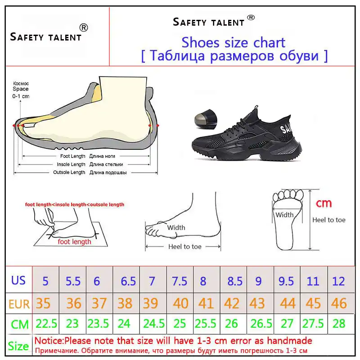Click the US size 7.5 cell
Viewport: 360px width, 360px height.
[x=180, y=281]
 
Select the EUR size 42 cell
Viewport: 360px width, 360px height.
[x=232, y=303]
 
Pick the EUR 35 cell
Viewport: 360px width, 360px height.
[x=43, y=303]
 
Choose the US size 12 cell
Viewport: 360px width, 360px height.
[x=338, y=281]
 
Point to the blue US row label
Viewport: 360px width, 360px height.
[x=18, y=280]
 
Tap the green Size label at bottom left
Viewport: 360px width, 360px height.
[x=19, y=346]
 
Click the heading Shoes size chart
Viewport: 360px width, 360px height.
[x=233, y=42]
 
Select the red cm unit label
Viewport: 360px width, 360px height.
[x=323, y=203]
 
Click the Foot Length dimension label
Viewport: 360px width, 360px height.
[x=72, y=156]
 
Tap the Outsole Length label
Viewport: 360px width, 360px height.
[x=69, y=172]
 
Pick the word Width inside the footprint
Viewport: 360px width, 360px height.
[x=284, y=215]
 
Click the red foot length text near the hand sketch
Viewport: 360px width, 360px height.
[x=74, y=242]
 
